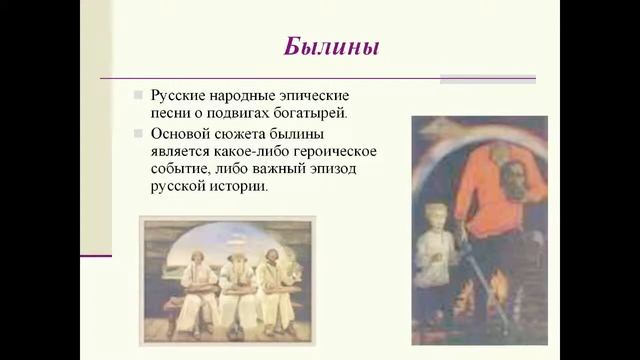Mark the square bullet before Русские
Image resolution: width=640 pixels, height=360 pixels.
[x=139, y=94]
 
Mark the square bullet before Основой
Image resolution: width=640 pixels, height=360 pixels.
[x=139, y=132]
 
